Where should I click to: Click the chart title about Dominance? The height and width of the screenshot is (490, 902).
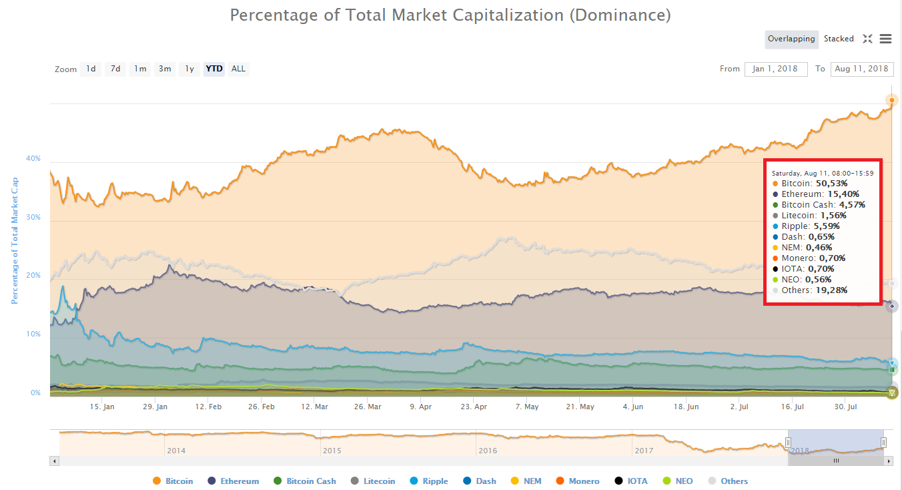pos(450,15)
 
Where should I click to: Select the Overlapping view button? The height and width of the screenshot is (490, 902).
pos(791,39)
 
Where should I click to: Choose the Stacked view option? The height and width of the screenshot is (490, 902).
pos(839,39)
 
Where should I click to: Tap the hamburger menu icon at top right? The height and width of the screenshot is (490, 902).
pos(885,39)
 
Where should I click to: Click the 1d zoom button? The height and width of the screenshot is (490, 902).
pos(91,69)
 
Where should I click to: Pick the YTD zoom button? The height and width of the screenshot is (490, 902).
pos(214,69)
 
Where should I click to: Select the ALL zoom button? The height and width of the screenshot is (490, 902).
pos(238,69)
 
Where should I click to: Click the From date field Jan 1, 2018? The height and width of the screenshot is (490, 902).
pos(775,69)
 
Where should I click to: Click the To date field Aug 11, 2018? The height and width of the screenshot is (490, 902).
pos(861,69)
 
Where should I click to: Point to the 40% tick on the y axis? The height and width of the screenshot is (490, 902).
pos(33,159)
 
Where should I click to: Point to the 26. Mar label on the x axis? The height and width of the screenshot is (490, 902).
pos(368,407)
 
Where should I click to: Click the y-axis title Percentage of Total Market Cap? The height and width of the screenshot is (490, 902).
pos(14,241)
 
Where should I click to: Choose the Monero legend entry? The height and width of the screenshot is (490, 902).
pos(584,481)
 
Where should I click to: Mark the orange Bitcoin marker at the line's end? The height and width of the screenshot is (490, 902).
pos(892,100)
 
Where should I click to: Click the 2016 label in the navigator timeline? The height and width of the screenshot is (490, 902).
pos(488,451)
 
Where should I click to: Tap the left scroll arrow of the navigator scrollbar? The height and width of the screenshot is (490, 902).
pos(55,461)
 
